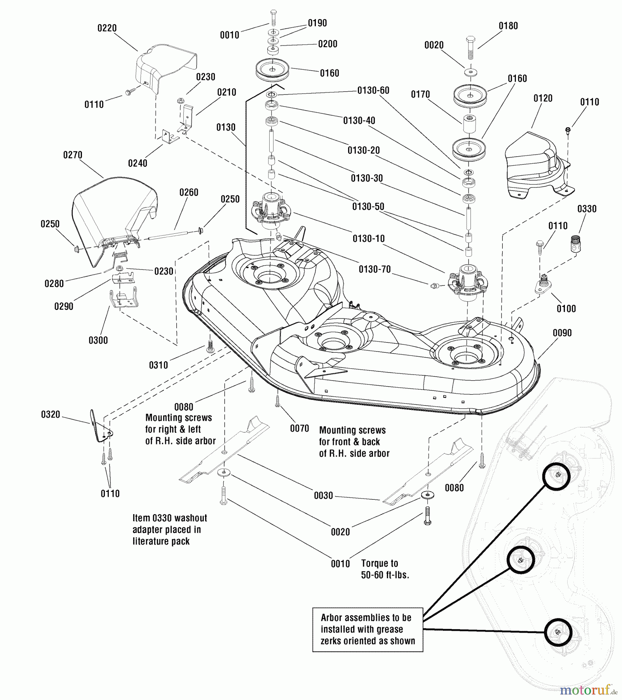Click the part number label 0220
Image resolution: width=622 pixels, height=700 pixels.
coord(107,28)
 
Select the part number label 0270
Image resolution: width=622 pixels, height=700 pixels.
coord(73,155)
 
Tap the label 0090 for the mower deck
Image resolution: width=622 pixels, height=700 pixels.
coord(562,333)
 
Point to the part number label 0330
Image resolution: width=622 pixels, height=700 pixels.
coord(587,209)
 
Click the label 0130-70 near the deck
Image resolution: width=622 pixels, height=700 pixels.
coord(375,269)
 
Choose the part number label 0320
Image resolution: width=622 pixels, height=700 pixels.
coord(51,415)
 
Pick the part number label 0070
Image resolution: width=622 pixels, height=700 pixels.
coord(300,429)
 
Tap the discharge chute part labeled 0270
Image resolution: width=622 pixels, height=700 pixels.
coord(113,210)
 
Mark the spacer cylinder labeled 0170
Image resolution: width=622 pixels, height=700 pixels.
coord(470,124)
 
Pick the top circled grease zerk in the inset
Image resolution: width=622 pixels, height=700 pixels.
coord(556,475)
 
